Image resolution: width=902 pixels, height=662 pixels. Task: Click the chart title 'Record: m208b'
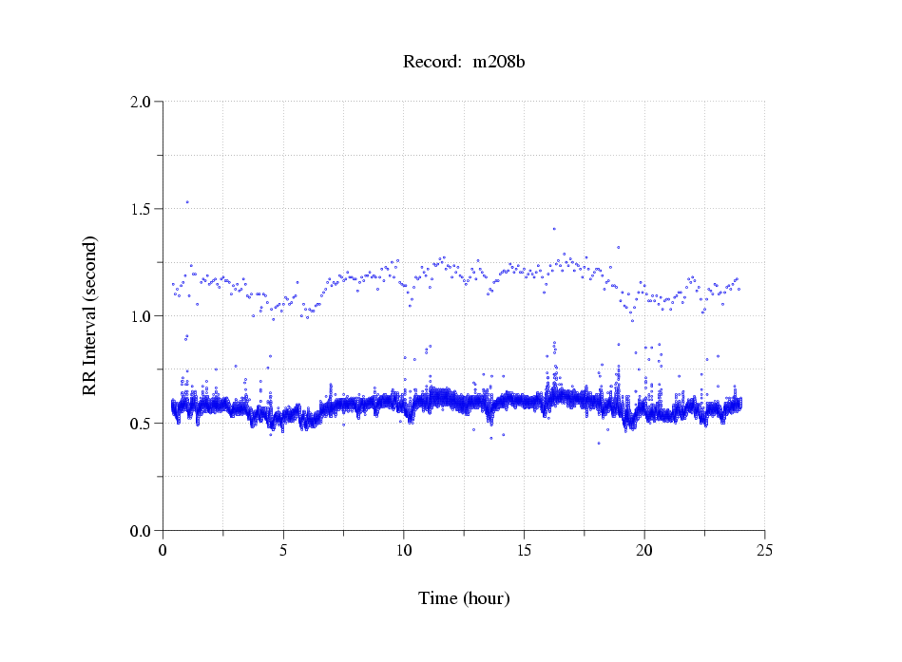tap(465, 63)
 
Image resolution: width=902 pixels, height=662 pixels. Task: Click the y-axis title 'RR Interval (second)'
tap(89, 315)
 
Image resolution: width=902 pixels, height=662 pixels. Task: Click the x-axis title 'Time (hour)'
tap(464, 598)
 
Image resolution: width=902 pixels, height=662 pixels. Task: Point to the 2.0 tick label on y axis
tap(142, 102)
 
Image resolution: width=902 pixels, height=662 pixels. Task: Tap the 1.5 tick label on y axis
tap(142, 209)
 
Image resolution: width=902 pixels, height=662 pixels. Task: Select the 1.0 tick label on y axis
tap(142, 316)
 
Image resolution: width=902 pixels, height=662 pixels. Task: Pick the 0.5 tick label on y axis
tap(142, 424)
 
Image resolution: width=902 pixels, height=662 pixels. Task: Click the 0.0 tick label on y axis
tap(142, 531)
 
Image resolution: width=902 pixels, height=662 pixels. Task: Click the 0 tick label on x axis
tap(163, 550)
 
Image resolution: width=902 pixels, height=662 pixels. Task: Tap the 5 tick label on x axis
tap(283, 550)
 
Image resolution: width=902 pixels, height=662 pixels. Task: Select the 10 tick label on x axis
tap(404, 550)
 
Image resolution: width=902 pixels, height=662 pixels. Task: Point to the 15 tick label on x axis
tap(524, 550)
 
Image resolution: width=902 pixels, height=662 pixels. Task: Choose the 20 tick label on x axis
tap(644, 550)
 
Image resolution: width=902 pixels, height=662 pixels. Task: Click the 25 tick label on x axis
tap(764, 550)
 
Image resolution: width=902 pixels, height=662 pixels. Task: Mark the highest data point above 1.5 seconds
tap(187, 201)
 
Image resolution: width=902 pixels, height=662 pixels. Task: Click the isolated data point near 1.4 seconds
tap(554, 228)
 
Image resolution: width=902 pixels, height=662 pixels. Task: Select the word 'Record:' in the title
tap(432, 63)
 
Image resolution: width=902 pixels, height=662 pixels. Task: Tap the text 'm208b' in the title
tap(499, 63)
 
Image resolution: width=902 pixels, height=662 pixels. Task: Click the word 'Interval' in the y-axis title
tap(89, 301)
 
